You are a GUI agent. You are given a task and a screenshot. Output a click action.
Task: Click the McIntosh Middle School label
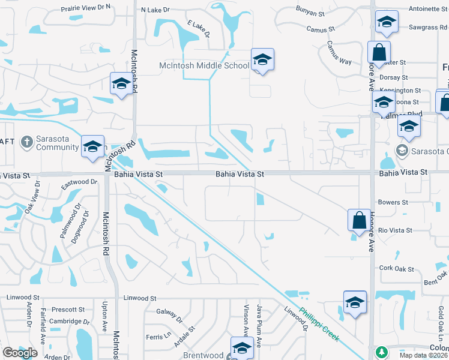[203, 65]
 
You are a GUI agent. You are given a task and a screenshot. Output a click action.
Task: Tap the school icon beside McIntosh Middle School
[262, 60]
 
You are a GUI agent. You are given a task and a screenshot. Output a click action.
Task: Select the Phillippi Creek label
[320, 324]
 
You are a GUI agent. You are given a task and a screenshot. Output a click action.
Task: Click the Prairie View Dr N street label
[86, 8]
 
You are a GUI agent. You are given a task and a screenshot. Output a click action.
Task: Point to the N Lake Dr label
[155, 10]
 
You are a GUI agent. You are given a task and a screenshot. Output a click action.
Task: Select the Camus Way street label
[339, 53]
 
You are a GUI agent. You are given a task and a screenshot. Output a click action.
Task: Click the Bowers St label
[393, 203]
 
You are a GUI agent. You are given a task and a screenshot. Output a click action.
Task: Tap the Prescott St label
[68, 310]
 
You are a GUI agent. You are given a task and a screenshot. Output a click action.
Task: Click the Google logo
[20, 353]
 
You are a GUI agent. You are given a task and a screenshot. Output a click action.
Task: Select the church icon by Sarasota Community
[26, 142]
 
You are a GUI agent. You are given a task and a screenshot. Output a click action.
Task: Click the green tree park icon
[379, 352]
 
